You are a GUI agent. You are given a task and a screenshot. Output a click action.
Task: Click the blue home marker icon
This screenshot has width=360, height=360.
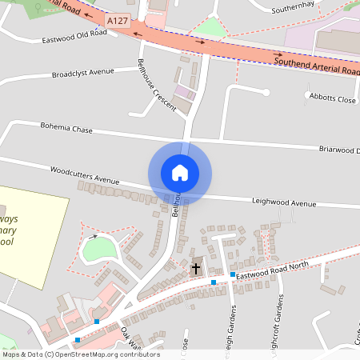click(x=179, y=172)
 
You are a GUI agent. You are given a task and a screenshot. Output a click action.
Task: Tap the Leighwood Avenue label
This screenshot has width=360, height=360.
click(x=284, y=203)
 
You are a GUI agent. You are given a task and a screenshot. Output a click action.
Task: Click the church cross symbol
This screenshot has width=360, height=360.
click(x=196, y=269)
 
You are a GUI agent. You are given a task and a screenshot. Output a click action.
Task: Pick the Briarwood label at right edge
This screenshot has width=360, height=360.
click(x=339, y=150)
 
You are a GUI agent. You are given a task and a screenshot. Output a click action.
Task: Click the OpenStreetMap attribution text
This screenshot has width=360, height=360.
click(x=80, y=354)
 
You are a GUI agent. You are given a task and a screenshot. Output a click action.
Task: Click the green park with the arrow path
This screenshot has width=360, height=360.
click(x=99, y=250)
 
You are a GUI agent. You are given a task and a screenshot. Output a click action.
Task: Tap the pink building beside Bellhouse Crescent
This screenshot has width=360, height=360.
click(x=185, y=93)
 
